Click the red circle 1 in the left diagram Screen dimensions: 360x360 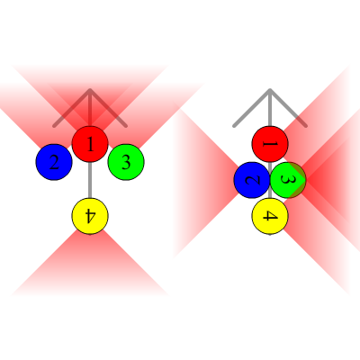click(90, 144)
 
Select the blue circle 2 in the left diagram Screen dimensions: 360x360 click(54, 162)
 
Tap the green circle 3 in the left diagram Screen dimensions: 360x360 click(126, 162)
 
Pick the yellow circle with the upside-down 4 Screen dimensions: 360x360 click(90, 216)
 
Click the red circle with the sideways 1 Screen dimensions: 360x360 click(270, 144)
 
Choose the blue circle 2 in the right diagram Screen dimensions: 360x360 click(252, 180)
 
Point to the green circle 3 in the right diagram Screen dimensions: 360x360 click(288, 180)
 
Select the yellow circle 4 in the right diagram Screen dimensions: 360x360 click(270, 216)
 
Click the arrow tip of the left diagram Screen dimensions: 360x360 click(90, 89)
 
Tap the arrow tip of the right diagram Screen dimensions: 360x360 click(270, 89)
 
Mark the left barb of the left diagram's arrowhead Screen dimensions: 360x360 click(72, 108)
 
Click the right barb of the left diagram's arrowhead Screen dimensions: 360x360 click(108, 108)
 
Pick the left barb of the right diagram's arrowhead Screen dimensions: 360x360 click(252, 108)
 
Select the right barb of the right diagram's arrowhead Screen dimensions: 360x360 click(288, 108)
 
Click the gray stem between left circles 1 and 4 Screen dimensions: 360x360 click(90, 180)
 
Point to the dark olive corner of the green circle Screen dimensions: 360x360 click(298, 180)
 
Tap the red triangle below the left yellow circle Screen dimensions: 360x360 click(90, 267)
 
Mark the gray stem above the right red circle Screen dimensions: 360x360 click(270, 108)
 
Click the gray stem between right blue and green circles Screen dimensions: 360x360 click(270, 180)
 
